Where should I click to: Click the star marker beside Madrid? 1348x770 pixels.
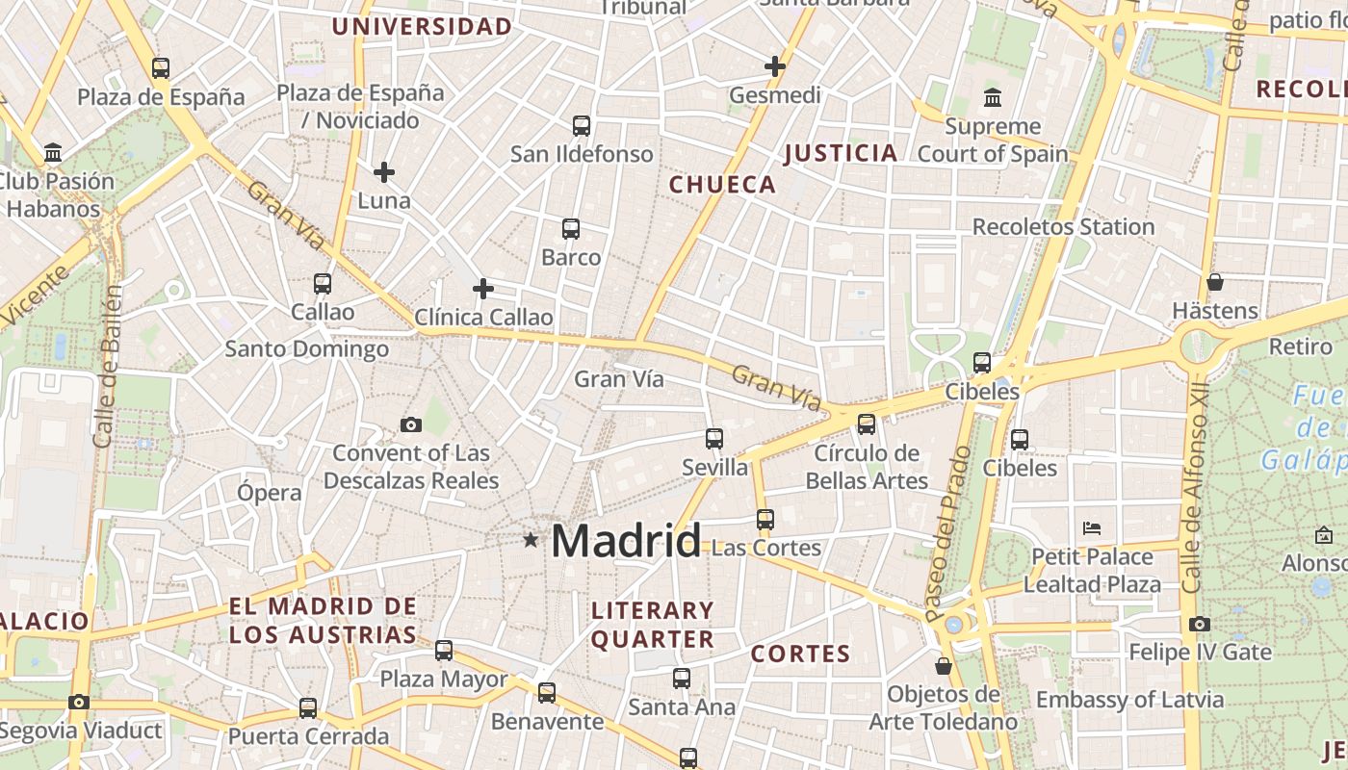[x=531, y=540]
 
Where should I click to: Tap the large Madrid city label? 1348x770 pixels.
[x=626, y=541]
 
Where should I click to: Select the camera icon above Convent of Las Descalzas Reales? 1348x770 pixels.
[x=411, y=424]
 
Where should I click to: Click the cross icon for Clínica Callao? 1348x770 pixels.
[x=483, y=288]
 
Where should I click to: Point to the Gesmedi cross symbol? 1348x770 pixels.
[x=775, y=66]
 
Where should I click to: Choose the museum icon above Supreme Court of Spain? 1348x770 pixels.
[x=993, y=97]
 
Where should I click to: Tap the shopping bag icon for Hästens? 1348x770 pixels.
[x=1215, y=282]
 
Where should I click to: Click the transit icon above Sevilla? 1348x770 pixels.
[x=714, y=439]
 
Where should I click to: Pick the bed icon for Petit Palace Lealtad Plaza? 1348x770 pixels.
[x=1092, y=527]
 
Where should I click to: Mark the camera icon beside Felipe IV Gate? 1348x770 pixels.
[x=1199, y=624]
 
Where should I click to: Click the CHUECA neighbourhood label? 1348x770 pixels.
[x=722, y=185]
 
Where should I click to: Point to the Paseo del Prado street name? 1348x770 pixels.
[x=949, y=533]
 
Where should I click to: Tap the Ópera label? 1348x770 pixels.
[x=270, y=493]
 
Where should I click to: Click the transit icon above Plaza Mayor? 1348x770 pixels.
[x=444, y=651]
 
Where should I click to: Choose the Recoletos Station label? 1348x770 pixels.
[x=1063, y=227]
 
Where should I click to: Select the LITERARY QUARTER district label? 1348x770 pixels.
[x=653, y=625]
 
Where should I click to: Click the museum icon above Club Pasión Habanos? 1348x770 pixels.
[x=53, y=153]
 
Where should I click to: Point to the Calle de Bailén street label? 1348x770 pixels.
[x=108, y=366]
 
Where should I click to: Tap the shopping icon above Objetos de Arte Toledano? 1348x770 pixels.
[x=944, y=666]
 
